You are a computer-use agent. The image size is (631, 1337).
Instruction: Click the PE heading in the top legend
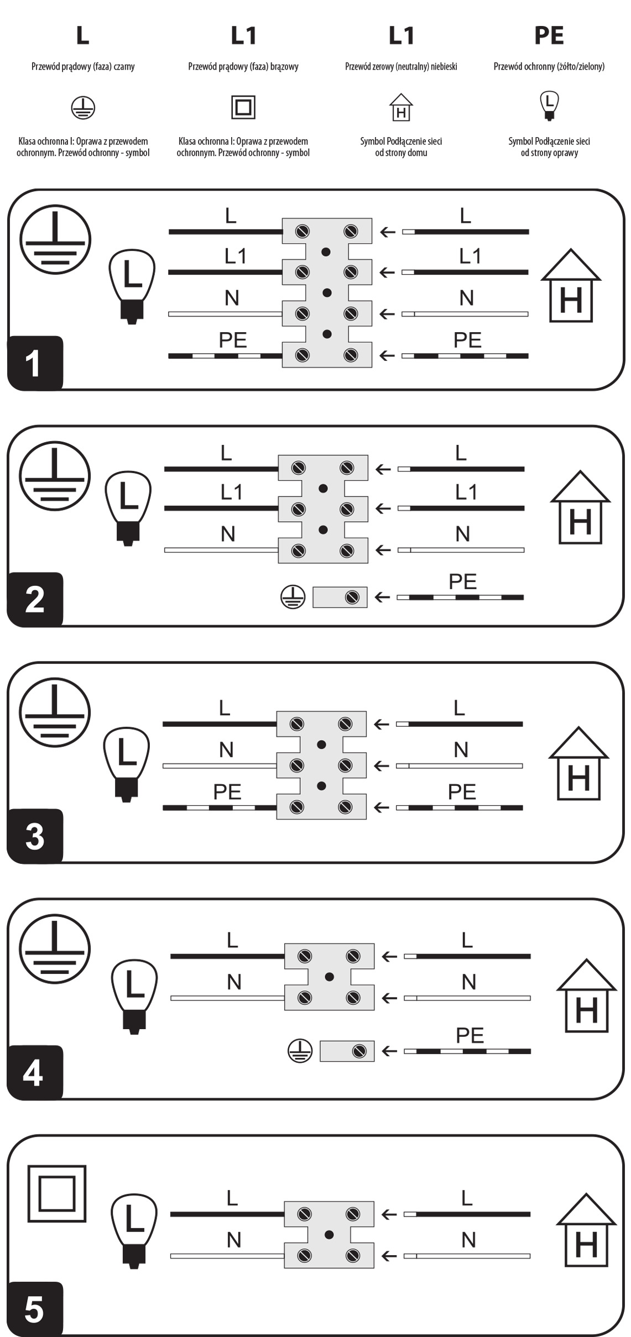(549, 35)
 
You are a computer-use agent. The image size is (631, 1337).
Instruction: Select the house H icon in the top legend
(401, 107)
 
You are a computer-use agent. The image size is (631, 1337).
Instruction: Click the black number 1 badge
(35, 363)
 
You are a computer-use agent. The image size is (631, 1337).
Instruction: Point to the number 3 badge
(35, 836)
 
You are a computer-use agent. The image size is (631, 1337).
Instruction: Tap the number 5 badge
(35, 1309)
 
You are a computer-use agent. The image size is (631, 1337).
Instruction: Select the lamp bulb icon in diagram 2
(128, 507)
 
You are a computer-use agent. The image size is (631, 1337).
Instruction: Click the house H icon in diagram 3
(578, 763)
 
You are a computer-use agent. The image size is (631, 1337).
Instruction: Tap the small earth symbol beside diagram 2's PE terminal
(293, 597)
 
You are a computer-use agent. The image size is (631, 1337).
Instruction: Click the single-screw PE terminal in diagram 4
(347, 1051)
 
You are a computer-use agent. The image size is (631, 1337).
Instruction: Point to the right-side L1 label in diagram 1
(470, 256)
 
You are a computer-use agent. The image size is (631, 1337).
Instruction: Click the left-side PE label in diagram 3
(227, 792)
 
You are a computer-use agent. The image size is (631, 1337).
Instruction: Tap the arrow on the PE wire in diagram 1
(387, 355)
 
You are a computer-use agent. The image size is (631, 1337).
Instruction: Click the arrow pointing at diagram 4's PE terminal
(389, 1051)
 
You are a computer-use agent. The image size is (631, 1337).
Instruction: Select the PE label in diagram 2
(463, 581)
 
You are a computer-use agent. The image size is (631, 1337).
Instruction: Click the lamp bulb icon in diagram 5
(134, 1231)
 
